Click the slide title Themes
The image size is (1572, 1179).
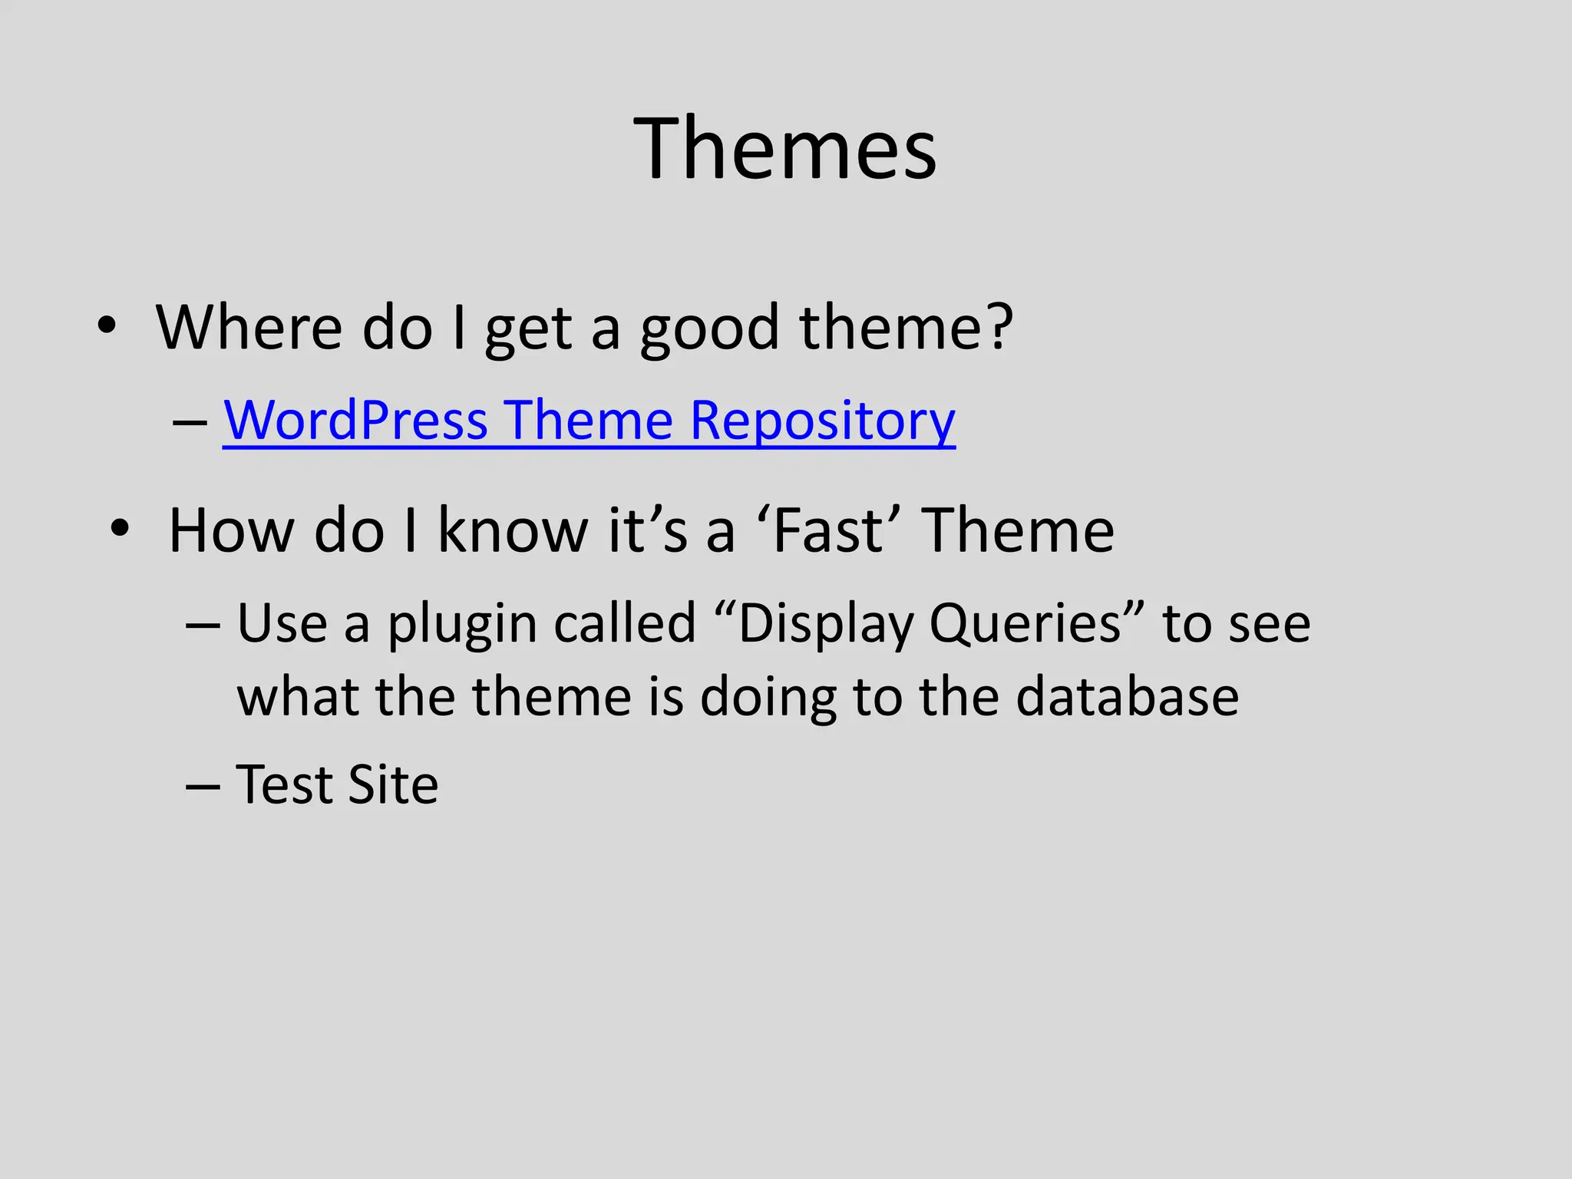coord(784,148)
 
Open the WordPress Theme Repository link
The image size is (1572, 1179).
coord(589,421)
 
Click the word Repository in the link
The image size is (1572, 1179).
coord(822,421)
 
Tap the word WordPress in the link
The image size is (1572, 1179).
coord(355,421)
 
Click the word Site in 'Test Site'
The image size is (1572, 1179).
coord(393,784)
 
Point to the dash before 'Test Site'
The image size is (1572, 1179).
coord(203,788)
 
